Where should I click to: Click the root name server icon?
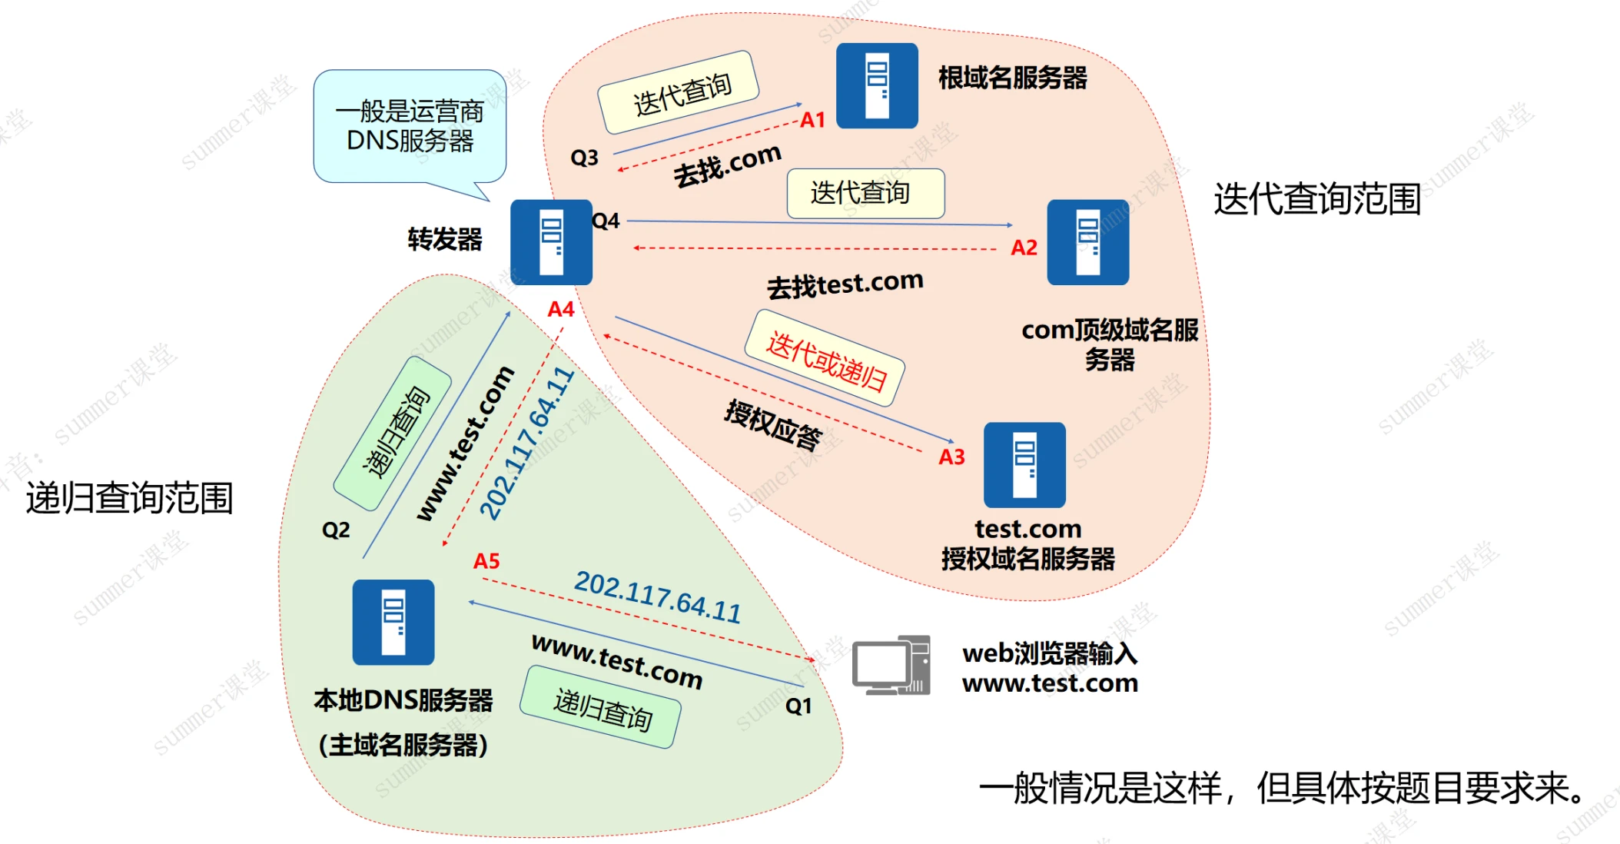click(x=877, y=85)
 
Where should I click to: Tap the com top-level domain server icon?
click(x=1087, y=242)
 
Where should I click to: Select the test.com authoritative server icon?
click(x=1024, y=464)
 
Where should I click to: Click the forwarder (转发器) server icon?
click(x=551, y=242)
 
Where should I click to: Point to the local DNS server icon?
click(x=393, y=622)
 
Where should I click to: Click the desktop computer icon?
click(x=891, y=666)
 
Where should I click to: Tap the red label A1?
click(x=812, y=120)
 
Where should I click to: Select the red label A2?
click(x=1024, y=248)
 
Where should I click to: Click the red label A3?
click(x=951, y=457)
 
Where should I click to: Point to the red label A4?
click(x=561, y=309)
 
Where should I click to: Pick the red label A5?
click(x=486, y=561)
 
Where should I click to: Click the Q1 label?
click(x=798, y=706)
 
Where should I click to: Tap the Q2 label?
click(x=336, y=530)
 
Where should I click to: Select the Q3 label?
click(x=584, y=158)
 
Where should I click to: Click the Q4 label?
click(x=606, y=221)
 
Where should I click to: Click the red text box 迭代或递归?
click(x=825, y=358)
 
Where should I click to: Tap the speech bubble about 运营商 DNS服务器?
click(x=410, y=126)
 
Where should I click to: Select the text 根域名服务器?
click(x=1013, y=78)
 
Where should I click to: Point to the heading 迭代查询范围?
click(x=1317, y=199)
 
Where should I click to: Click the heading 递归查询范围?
click(x=129, y=498)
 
